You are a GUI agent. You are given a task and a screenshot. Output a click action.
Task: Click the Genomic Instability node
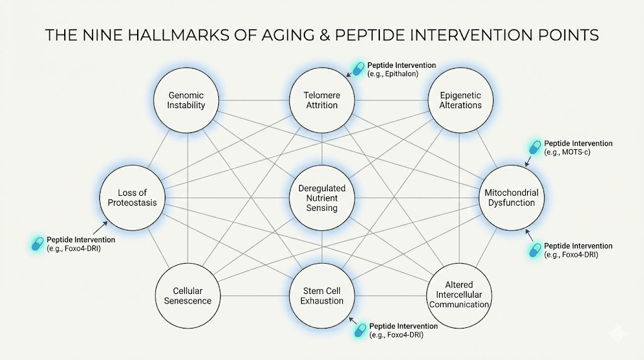coord(186,101)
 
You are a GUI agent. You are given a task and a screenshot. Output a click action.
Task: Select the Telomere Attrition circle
coord(322,101)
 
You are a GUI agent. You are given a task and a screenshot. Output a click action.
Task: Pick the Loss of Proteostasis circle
coord(133,198)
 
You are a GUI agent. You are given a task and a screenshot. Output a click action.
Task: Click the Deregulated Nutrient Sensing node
coord(322,198)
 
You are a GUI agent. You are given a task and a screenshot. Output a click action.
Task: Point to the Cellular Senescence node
coord(187,296)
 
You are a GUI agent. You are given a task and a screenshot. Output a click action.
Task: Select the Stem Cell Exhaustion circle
coord(322,296)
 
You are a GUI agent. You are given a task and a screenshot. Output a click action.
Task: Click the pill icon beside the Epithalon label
coord(358,69)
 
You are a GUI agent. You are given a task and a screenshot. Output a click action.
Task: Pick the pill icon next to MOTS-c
coord(535,148)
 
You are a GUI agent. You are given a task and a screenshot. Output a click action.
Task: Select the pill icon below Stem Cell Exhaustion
coord(360,330)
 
